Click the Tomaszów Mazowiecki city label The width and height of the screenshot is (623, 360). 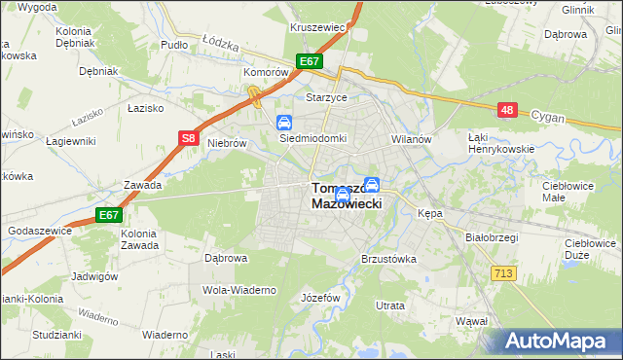click(347, 195)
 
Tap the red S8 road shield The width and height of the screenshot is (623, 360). click(190, 139)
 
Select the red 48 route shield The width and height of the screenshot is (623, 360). click(506, 111)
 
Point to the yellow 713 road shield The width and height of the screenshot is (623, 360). click(503, 274)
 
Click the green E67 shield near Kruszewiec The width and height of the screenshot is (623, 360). click(310, 61)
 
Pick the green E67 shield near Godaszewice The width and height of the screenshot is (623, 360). click(108, 215)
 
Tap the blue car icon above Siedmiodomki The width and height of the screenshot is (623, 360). click(284, 123)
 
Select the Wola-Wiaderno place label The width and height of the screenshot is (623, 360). click(239, 290)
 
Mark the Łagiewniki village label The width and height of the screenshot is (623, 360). click(71, 141)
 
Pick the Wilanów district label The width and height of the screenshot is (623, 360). click(411, 139)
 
